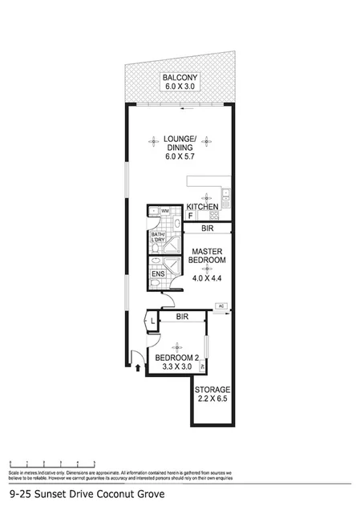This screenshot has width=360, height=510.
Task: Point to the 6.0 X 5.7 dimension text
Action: [x=179, y=157]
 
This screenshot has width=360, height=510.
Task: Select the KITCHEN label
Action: [x=203, y=208]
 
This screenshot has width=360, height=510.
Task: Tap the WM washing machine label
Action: [x=165, y=211]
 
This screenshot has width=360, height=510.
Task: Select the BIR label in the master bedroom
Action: [x=207, y=229]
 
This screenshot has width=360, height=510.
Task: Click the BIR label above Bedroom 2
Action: [x=181, y=318]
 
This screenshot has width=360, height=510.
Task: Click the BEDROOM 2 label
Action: [x=176, y=358]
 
